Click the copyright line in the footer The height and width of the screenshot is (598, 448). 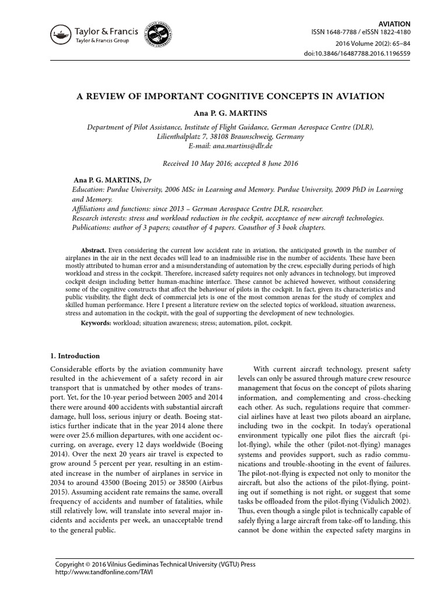coord(155,565)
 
